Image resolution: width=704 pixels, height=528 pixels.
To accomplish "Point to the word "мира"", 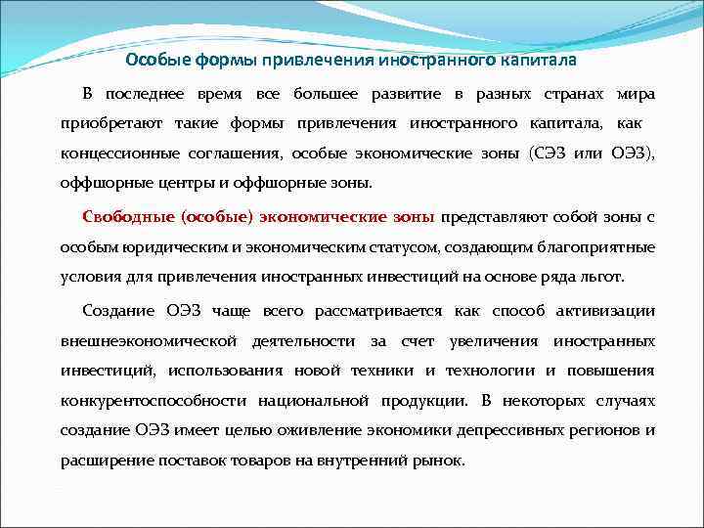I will point(636,94).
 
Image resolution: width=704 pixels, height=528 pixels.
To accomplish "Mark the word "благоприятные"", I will point(596,246).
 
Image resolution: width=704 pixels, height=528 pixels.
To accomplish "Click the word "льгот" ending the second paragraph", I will point(602,276).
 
